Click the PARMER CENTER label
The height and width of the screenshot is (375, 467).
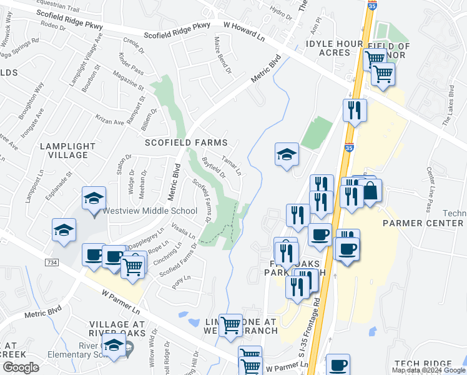(423, 223)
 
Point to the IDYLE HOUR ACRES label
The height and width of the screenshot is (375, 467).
(334, 48)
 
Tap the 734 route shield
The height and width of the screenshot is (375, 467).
(52, 263)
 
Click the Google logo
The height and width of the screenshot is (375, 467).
(21, 367)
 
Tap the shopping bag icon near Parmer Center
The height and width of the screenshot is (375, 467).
(370, 191)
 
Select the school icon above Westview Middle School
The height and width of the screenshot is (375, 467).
(94, 199)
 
